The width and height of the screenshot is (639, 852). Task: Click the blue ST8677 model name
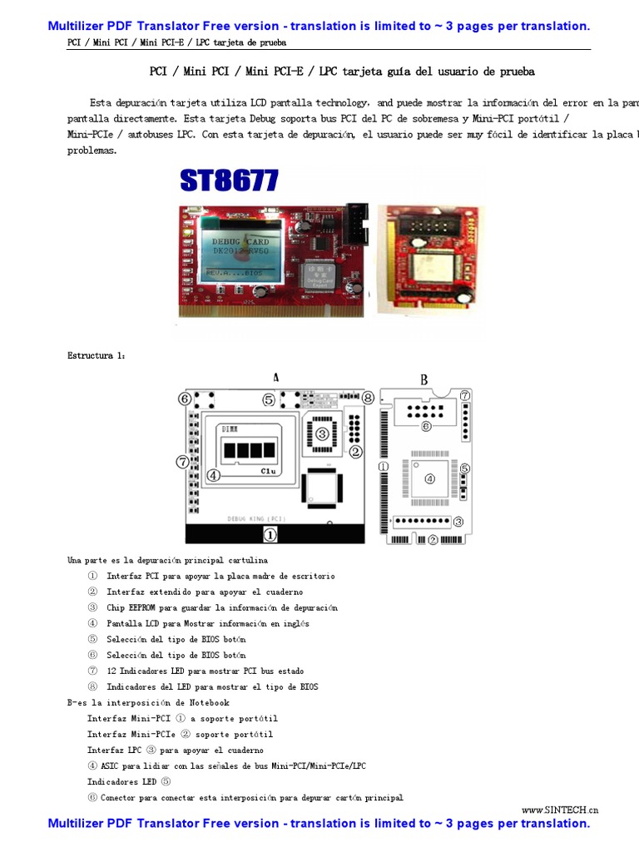point(229,181)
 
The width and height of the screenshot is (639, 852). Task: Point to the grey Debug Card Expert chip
point(324,277)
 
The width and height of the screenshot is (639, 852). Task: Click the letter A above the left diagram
point(276,378)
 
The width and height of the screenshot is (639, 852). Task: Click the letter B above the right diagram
point(424,379)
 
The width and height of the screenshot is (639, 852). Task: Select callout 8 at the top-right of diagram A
point(368,398)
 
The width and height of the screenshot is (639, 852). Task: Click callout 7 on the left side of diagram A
point(182,462)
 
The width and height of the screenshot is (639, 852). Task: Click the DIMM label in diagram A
point(229,428)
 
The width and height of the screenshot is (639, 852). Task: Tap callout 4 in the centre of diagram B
point(429,478)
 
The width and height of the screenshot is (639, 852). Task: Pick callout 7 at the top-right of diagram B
point(465,395)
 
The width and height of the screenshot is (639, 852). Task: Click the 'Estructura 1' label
point(97,355)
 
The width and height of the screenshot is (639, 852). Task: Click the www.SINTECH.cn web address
point(560,810)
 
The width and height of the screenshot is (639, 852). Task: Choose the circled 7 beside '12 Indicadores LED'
point(92,671)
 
